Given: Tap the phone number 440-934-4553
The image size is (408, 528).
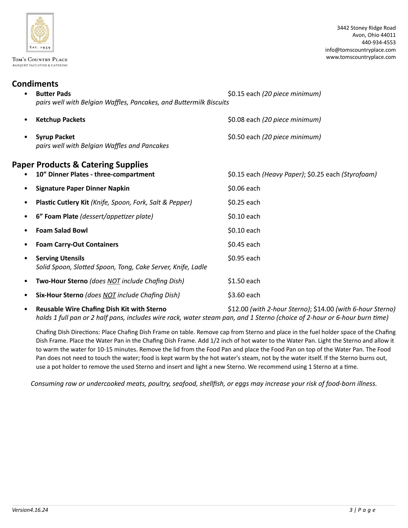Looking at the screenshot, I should click(x=378, y=42).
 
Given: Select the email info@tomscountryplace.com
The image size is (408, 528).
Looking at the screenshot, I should click(x=360, y=50).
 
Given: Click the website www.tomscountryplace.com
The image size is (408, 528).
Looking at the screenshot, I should click(x=361, y=57).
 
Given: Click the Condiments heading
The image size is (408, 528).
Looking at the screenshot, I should click(x=35, y=84).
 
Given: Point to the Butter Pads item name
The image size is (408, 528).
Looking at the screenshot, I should click(x=53, y=94).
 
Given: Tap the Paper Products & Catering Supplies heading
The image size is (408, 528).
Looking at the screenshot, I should click(x=80, y=164).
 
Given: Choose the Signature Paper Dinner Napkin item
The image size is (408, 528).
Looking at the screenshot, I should click(x=82, y=188).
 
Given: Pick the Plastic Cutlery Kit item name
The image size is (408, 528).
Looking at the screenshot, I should click(x=62, y=202).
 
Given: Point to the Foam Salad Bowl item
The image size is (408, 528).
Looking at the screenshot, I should click(x=62, y=230).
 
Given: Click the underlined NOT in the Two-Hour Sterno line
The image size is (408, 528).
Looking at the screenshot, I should click(x=114, y=281).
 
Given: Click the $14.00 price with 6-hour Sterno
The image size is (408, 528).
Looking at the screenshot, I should click(x=324, y=309).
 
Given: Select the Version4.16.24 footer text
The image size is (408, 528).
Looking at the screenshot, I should click(x=30, y=510).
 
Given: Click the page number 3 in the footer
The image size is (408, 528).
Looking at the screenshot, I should click(x=351, y=510).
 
